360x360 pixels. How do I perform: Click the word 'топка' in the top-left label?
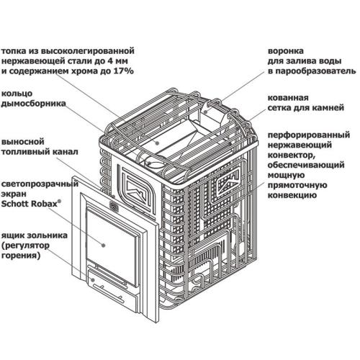(15, 52)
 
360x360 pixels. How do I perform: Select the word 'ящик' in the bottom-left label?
(13, 235)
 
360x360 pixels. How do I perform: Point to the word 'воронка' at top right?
(283, 52)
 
